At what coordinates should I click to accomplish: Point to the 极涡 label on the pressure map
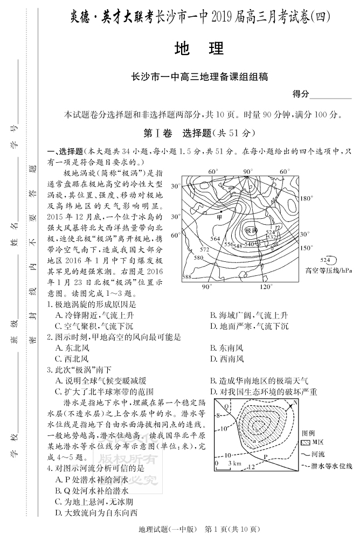coord(250,230)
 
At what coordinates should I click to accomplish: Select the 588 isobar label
coord(186,277)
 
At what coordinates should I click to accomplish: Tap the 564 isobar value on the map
coord(216,239)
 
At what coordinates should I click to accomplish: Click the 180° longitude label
coord(306,198)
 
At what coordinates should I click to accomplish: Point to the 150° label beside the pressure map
coord(306,248)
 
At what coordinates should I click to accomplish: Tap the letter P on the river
coord(265,457)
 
